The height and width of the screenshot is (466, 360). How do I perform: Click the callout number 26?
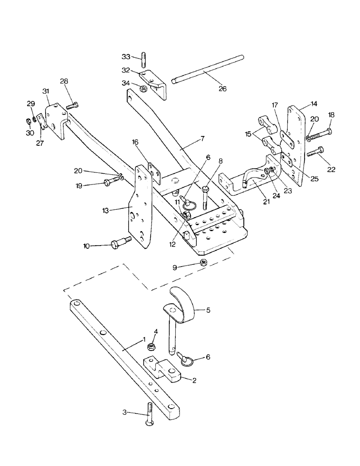click(222, 89)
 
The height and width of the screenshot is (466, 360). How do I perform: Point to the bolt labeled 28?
click(72, 106)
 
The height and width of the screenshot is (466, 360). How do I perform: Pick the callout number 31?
click(46, 90)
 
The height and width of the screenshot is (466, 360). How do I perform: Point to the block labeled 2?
click(163, 368)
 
